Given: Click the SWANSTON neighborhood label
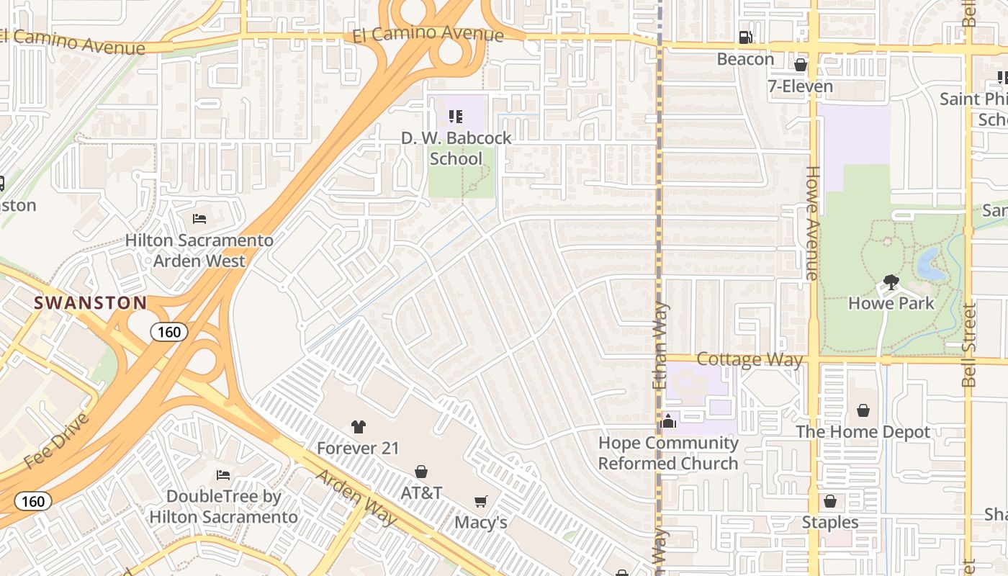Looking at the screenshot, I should [x=91, y=303].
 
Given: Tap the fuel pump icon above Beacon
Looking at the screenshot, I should [x=746, y=37].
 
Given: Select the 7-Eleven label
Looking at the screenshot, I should [x=800, y=87].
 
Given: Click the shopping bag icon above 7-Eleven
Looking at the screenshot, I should [x=800, y=66].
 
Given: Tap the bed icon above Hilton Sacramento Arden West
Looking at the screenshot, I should [x=199, y=219].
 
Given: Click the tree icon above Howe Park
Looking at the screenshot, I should [x=891, y=282].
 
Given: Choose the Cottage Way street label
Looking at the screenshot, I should [x=750, y=359].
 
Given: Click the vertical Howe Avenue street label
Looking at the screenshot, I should [x=812, y=223].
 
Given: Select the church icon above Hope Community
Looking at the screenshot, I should [x=668, y=421].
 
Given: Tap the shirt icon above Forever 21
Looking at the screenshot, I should [x=358, y=427].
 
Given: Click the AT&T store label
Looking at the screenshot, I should [x=421, y=493].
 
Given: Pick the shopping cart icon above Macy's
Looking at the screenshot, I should [x=480, y=501].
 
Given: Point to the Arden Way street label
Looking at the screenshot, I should [x=356, y=498].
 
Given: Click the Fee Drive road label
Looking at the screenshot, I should [x=58, y=441].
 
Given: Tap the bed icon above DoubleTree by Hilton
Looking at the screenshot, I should [x=223, y=475].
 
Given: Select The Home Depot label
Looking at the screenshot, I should [x=863, y=432].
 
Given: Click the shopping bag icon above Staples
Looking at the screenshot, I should [x=830, y=501].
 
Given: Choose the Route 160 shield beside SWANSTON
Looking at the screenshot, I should [x=169, y=332].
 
